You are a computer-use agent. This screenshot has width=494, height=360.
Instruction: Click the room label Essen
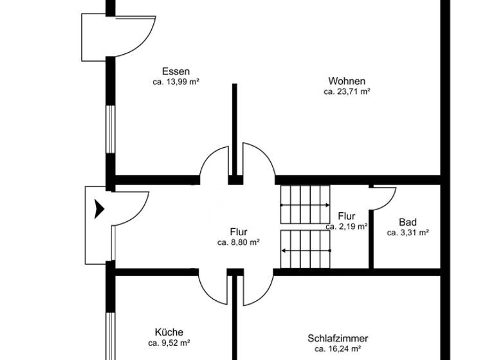coord(176,71)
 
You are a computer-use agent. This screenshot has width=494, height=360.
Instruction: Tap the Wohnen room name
coord(347,81)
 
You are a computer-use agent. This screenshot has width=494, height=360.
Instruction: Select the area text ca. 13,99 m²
coord(176,82)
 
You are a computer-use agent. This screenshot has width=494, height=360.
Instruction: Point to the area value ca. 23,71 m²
coord(347,91)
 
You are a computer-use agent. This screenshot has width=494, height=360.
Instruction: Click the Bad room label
coord(407,222)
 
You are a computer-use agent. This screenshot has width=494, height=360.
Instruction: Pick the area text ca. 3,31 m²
coord(408,233)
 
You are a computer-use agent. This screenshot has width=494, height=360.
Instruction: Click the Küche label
coord(169,332)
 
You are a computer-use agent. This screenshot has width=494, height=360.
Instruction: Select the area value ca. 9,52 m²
coord(169,343)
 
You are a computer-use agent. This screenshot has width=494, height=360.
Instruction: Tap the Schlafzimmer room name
coord(338,338)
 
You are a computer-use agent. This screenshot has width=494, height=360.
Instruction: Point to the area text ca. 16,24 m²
coord(338,348)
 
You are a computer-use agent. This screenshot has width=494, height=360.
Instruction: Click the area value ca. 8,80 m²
coord(238,242)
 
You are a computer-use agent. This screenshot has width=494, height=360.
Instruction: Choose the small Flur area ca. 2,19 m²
coord(346,226)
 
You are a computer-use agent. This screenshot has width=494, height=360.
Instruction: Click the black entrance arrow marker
coord(99,210)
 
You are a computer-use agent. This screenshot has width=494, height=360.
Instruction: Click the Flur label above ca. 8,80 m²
coord(238,232)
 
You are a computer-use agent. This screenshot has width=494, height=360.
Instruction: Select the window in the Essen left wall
coord(110,129)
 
